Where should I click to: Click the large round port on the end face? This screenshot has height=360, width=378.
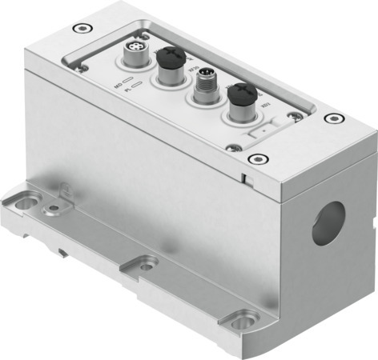328,222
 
